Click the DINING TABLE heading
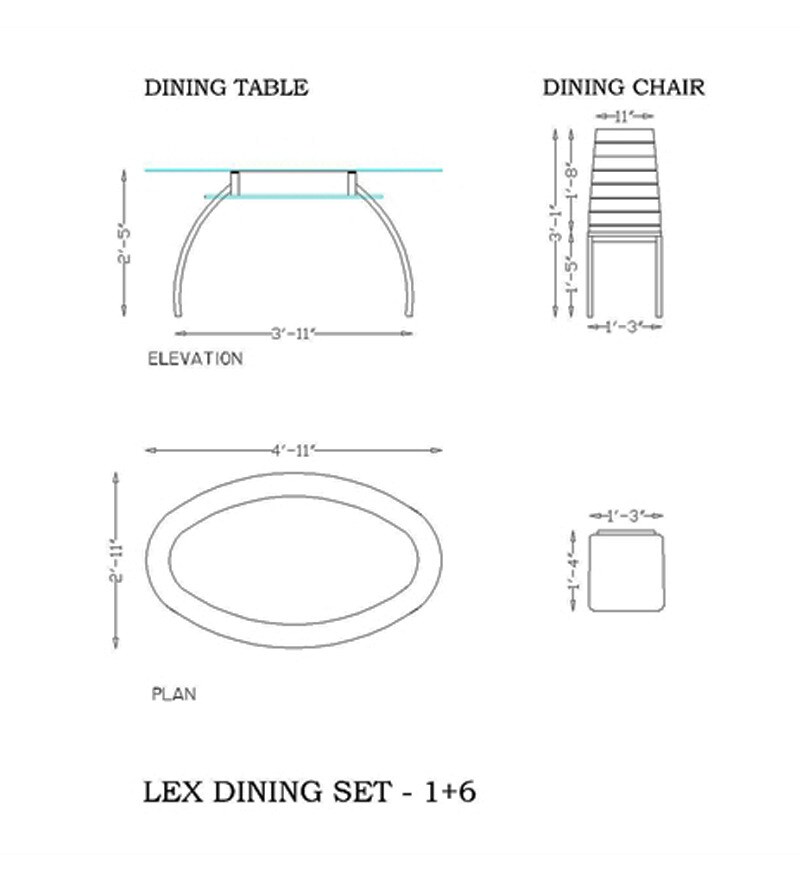[226, 88]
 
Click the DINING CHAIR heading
[623, 88]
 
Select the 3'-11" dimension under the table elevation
[294, 332]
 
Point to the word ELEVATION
[195, 359]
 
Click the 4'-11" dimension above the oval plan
[293, 450]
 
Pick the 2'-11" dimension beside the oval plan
[117, 563]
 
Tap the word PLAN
[173, 693]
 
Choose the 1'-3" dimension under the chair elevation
[625, 326]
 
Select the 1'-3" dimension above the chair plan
[625, 516]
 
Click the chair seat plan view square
[626, 572]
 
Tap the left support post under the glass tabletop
[236, 183]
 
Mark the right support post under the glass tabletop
[353, 183]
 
